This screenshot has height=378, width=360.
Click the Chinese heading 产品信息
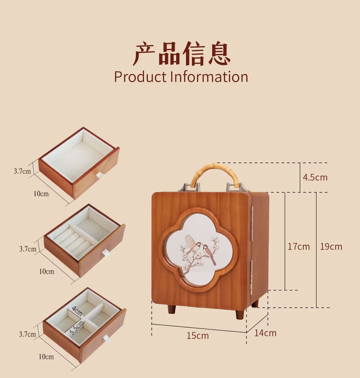pos(182,54)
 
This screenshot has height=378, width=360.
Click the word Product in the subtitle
pos(140,77)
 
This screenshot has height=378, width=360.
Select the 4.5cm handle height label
pos(315,177)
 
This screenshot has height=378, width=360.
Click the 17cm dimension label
pos(299,246)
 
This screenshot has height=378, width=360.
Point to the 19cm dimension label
pos(331,246)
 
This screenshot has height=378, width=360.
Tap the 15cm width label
pos(198,336)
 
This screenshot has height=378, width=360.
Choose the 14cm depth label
pos(265,333)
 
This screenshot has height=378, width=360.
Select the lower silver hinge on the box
pos(251,277)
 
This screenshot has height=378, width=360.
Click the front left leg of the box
pos(172,309)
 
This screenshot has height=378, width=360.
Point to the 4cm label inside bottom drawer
pos(76,311)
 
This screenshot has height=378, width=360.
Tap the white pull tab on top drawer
pos(100,175)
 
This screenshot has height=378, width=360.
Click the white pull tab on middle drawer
pos(106,253)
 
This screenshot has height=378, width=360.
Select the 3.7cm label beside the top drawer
pos(22,171)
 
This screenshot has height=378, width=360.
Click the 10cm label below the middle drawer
pos(47,271)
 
